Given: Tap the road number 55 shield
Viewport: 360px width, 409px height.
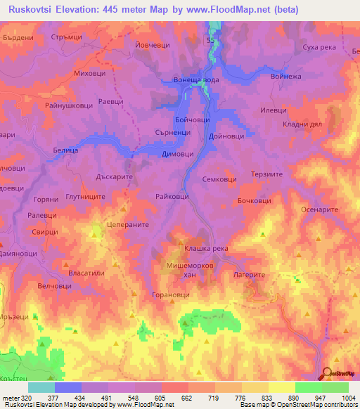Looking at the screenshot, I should coord(211,43).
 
